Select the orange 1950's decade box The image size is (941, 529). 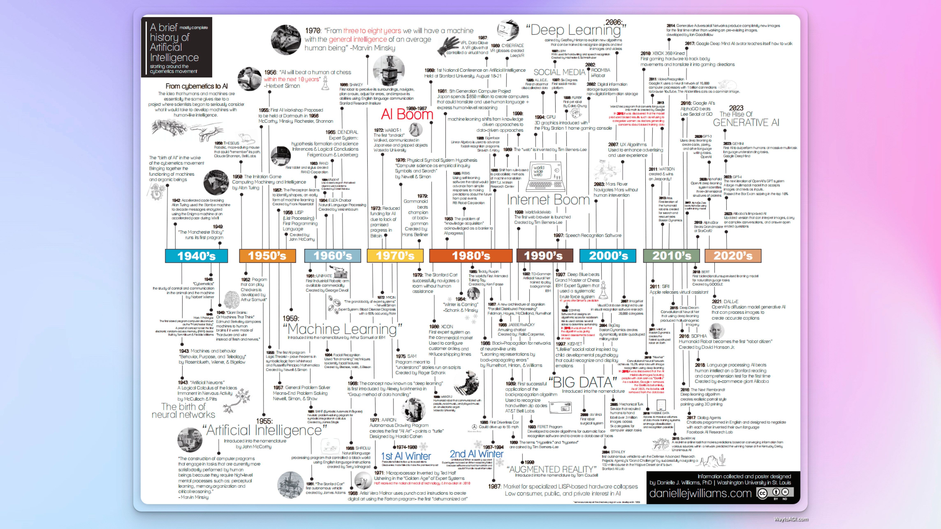pos(267,255)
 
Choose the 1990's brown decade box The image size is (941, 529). pos(544,255)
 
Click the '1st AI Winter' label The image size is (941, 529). pos(406,456)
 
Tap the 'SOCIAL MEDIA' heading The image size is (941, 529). pos(559,72)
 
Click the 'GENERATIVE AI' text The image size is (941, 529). pos(746,123)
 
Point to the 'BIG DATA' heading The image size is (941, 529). pos(583,382)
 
